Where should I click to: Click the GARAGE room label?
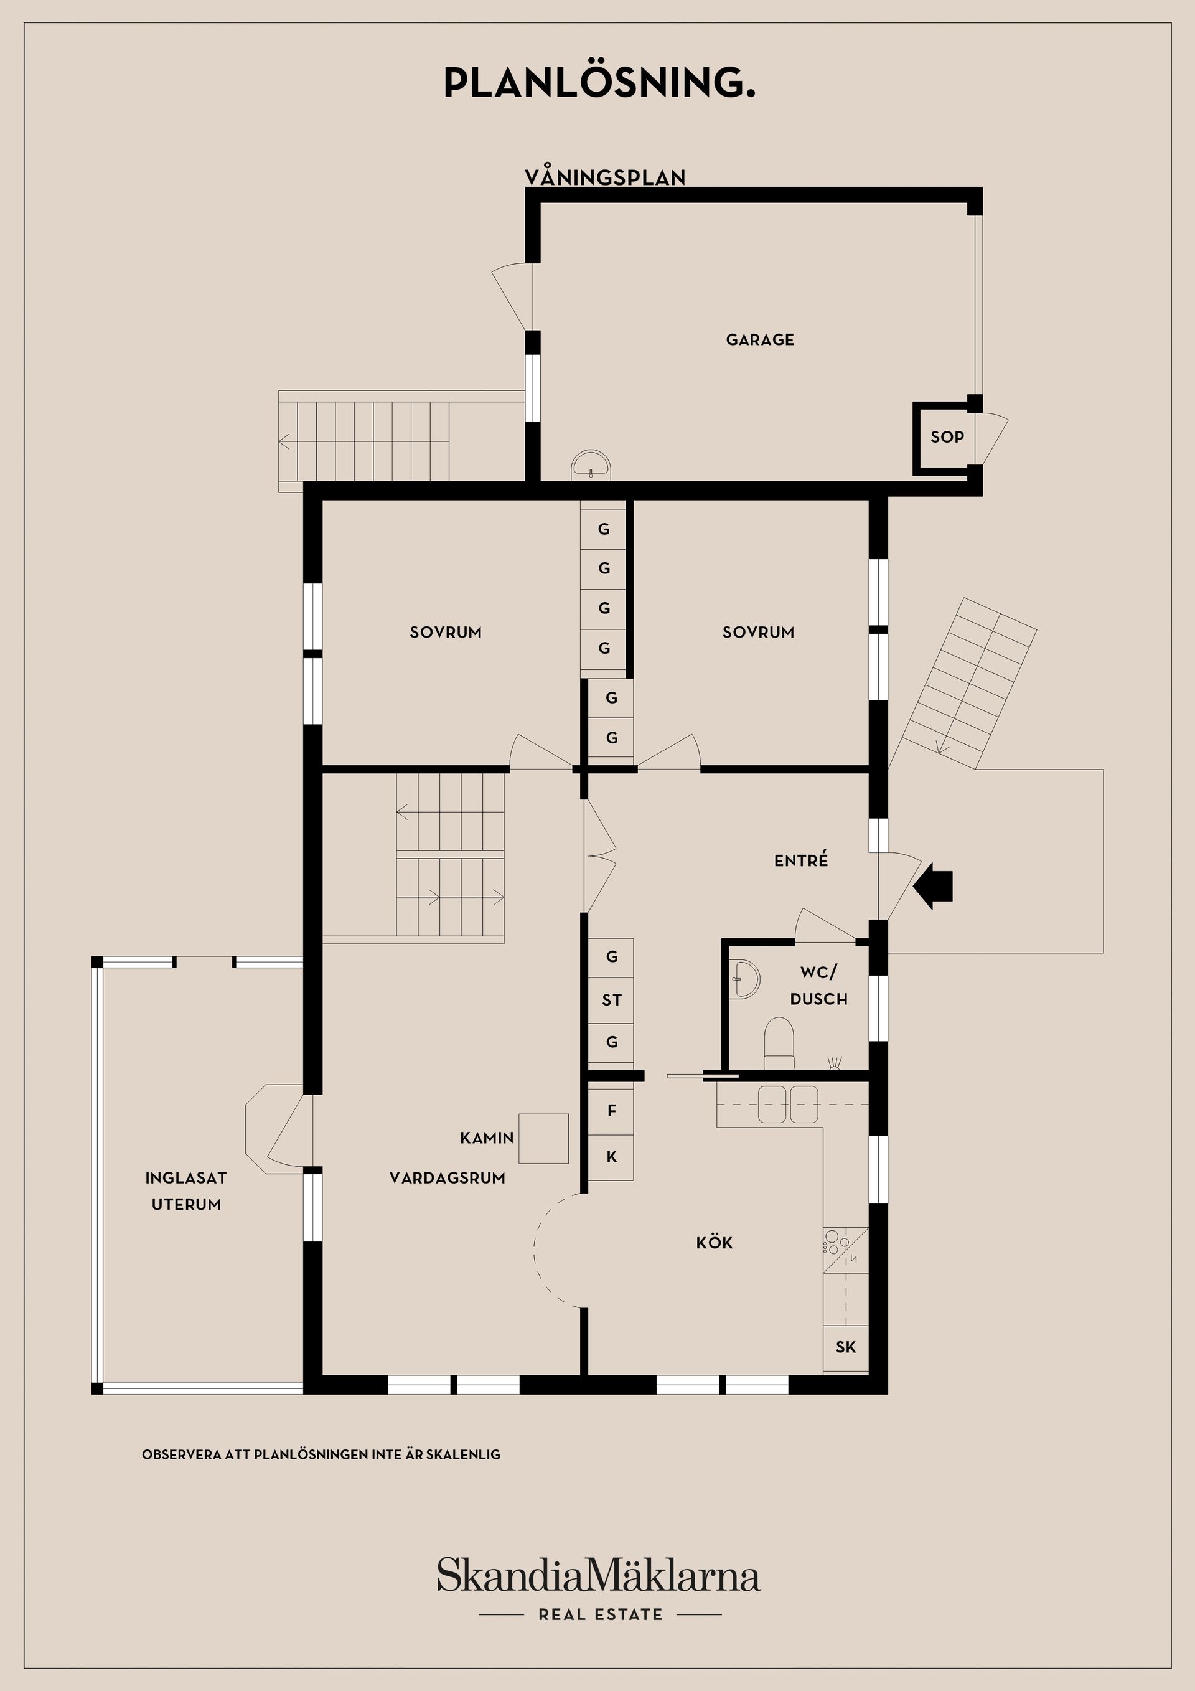[x=760, y=339]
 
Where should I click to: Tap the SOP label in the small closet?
[x=947, y=436]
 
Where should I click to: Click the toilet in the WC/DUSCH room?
[x=779, y=1042]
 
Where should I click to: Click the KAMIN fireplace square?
[x=543, y=1138]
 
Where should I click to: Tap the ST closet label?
[x=611, y=999]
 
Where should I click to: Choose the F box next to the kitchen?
[x=611, y=1111]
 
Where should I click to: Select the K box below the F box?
[x=611, y=1156]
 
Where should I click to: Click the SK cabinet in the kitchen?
[x=845, y=1347]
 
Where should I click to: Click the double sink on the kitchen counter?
[x=788, y=1104]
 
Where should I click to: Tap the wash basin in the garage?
[x=591, y=466]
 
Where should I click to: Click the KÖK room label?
[x=715, y=1243]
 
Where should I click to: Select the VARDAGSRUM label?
[x=447, y=1178]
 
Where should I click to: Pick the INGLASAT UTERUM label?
[x=185, y=1191]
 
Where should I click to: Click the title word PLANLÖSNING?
[x=599, y=83]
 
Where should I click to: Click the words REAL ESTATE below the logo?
[x=600, y=1614]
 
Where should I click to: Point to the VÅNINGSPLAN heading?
[x=604, y=177]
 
